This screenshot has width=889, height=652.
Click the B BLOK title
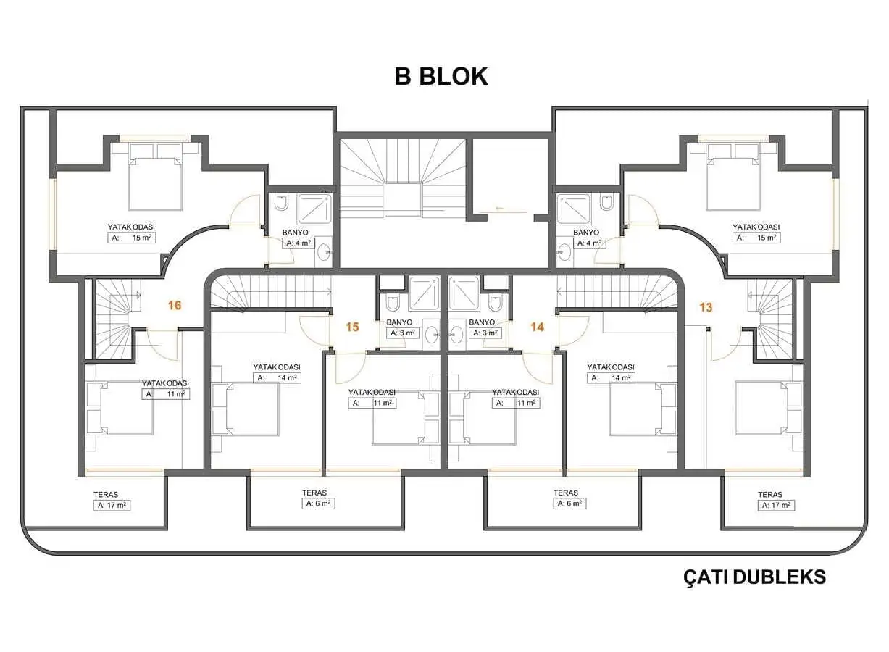(441, 76)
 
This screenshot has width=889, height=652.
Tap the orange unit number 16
(175, 305)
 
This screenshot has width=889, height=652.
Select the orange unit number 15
(352, 327)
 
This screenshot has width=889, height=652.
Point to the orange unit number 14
(537, 327)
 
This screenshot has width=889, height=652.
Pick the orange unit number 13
(706, 307)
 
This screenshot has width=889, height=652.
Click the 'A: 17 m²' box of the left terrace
(112, 505)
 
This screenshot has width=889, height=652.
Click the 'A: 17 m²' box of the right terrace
(776, 505)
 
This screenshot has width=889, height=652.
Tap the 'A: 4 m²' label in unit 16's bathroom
(299, 243)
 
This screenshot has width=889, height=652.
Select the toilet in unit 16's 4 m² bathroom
(282, 202)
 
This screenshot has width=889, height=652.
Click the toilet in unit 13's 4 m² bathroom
(606, 202)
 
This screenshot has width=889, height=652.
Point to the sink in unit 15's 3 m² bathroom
(432, 335)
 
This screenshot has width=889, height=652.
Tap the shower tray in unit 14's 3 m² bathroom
(464, 293)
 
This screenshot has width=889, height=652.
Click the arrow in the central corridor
(500, 208)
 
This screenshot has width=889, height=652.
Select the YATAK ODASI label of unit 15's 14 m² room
(277, 367)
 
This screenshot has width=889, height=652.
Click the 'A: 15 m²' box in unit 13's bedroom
(756, 238)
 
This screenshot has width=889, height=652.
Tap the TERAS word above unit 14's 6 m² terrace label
(566, 493)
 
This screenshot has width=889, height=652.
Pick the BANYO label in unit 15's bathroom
(399, 322)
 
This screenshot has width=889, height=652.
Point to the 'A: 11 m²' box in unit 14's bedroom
(516, 403)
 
